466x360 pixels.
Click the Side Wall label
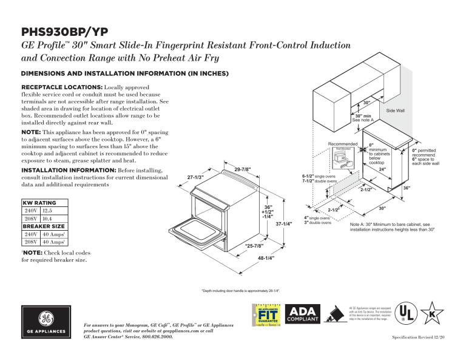click(x=395, y=110)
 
